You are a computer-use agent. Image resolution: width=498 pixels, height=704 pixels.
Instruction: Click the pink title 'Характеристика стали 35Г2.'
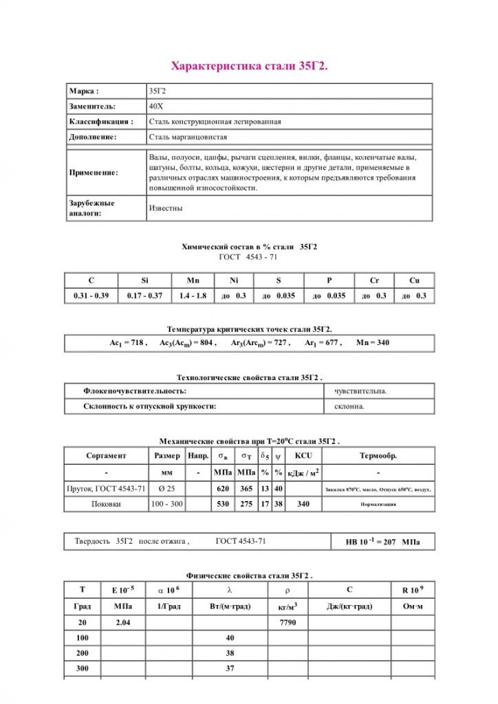(x=248, y=66)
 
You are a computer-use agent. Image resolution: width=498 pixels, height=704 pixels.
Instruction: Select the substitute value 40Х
(x=156, y=106)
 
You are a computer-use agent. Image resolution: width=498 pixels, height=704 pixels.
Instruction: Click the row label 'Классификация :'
(x=100, y=122)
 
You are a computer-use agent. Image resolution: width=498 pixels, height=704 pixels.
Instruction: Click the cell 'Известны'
(x=166, y=208)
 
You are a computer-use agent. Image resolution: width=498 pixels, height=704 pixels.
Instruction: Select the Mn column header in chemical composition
(x=193, y=280)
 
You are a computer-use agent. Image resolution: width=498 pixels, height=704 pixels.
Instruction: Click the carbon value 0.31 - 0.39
(x=91, y=296)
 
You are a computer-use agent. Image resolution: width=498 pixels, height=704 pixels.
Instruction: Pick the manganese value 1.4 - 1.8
(x=193, y=296)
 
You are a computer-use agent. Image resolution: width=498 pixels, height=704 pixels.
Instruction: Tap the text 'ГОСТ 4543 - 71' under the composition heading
(x=249, y=256)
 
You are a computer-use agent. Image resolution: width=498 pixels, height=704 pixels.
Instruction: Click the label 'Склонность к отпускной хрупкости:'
(x=150, y=406)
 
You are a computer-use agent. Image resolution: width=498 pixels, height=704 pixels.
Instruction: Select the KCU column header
(x=303, y=456)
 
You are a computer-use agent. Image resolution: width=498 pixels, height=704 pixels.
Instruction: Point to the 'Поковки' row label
(x=106, y=504)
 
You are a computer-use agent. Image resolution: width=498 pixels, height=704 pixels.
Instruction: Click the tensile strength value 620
(x=222, y=488)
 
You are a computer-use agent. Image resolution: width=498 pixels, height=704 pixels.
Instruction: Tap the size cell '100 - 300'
(x=167, y=504)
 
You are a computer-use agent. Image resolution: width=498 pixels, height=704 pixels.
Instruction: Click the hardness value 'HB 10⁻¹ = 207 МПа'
(x=382, y=542)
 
